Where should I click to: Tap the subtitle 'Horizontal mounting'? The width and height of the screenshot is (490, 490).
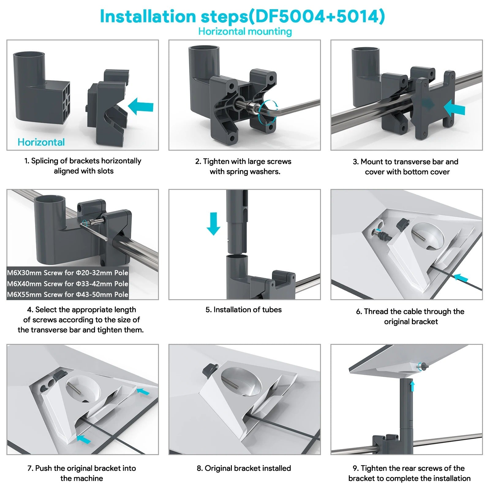pyautogui.click(x=245, y=31)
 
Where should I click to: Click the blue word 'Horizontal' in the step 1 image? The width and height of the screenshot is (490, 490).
pyautogui.click(x=41, y=142)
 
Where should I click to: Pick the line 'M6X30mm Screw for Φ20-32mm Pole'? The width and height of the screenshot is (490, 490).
pyautogui.click(x=68, y=273)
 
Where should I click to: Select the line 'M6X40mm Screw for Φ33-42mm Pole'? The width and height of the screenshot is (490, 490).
pyautogui.click(x=68, y=284)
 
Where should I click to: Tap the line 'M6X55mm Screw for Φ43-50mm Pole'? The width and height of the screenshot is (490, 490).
pyautogui.click(x=68, y=294)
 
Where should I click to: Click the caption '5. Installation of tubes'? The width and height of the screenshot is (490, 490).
pyautogui.click(x=243, y=310)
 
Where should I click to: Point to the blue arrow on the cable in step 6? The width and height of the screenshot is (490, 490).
pyautogui.click(x=461, y=278)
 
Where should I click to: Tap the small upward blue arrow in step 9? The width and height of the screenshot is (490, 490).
pyautogui.click(x=412, y=386)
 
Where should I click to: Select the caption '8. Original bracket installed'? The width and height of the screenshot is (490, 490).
pyautogui.click(x=244, y=468)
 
